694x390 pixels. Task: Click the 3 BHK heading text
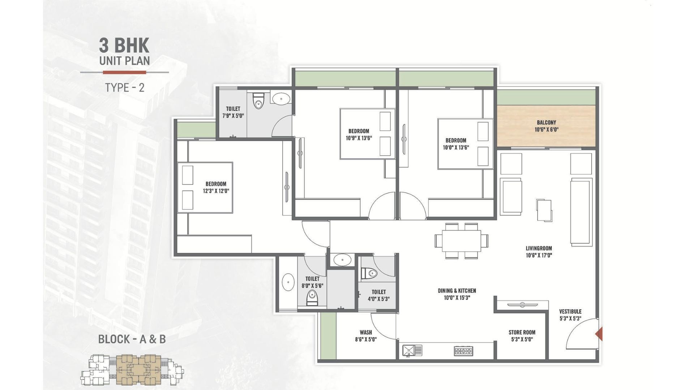click(124, 45)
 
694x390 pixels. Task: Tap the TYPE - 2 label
click(125, 88)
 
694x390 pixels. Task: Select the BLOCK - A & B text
click(132, 339)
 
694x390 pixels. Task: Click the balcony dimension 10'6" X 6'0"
click(546, 130)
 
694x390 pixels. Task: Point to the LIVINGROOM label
click(539, 248)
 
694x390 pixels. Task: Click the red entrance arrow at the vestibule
click(599, 334)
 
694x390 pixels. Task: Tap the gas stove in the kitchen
click(463, 351)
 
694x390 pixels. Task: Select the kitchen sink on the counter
click(412, 350)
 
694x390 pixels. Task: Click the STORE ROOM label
click(522, 332)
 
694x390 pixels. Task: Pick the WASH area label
click(366, 332)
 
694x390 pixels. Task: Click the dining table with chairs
click(461, 240)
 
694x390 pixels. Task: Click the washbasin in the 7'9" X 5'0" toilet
click(280, 98)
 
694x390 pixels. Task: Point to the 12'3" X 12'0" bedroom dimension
click(216, 191)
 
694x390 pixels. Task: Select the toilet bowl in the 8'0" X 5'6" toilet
click(312, 298)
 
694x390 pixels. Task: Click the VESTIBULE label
click(570, 311)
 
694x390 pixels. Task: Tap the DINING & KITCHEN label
click(457, 291)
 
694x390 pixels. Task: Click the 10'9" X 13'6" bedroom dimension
click(359, 138)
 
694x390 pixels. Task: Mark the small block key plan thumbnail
click(132, 370)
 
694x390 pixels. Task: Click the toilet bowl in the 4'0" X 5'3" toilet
click(369, 273)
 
